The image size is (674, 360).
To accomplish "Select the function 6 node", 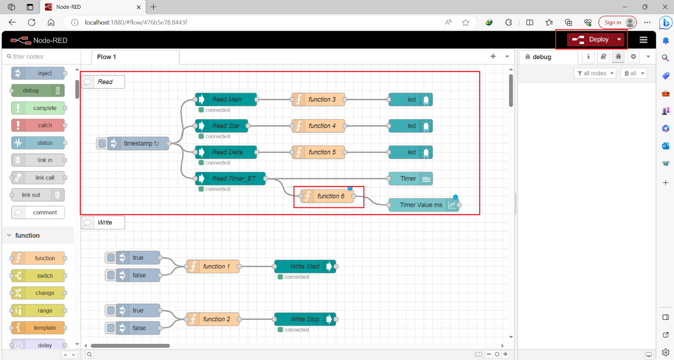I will pos(327,196).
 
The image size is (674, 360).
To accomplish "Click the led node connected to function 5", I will pos(410,152).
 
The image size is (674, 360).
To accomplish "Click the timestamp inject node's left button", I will pos(102,143).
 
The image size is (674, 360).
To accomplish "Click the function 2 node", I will pos(213,319).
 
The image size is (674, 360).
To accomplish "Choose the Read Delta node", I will pos(225,152).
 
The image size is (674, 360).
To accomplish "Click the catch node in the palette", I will pos(38,125).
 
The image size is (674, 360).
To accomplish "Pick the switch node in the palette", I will pos(38,276).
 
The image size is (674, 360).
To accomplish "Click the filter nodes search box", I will pos(39,57).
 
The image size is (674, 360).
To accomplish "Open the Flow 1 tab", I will pos(107,57).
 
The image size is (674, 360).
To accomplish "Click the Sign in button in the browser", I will pos(612,22).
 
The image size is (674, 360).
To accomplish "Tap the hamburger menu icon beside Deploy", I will pos(643,40).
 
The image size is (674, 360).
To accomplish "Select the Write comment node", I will pos(103,223).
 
